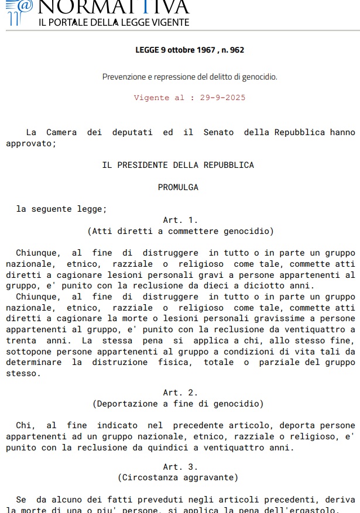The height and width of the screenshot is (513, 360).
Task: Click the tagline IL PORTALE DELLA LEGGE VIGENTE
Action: pyautogui.click(x=114, y=22)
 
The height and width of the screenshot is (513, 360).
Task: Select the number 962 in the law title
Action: pyautogui.click(x=236, y=50)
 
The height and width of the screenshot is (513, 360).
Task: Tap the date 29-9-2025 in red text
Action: pyautogui.click(x=223, y=98)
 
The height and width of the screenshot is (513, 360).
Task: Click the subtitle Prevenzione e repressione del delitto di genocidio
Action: pyautogui.click(x=190, y=77)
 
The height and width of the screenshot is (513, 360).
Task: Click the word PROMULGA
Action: pyautogui.click(x=178, y=187)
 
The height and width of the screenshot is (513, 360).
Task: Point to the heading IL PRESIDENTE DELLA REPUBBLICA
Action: pyautogui.click(x=178, y=165)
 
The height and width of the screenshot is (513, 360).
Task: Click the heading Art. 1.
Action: pyautogui.click(x=180, y=220)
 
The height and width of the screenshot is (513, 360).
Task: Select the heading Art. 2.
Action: pyautogui.click(x=180, y=393)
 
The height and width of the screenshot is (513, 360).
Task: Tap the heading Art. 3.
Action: pyautogui.click(x=180, y=467)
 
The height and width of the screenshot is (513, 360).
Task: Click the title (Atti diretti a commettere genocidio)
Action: pyautogui.click(x=180, y=231)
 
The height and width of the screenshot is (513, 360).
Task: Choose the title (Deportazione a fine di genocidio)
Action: pyautogui.click(x=178, y=404)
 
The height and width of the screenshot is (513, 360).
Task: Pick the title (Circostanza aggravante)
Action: pyautogui.click(x=178, y=478)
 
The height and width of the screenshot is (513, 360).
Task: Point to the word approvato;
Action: pyautogui.click(x=31, y=143)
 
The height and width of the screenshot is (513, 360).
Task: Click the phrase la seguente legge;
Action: pyautogui.click(x=61, y=209)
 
